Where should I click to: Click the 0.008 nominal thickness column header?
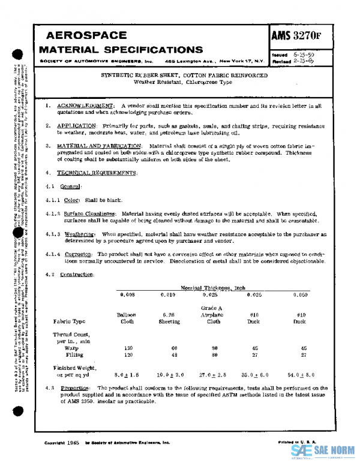(128, 295)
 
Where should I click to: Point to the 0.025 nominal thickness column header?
(210, 295)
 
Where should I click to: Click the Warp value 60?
(169, 348)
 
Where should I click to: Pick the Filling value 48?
(169, 354)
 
